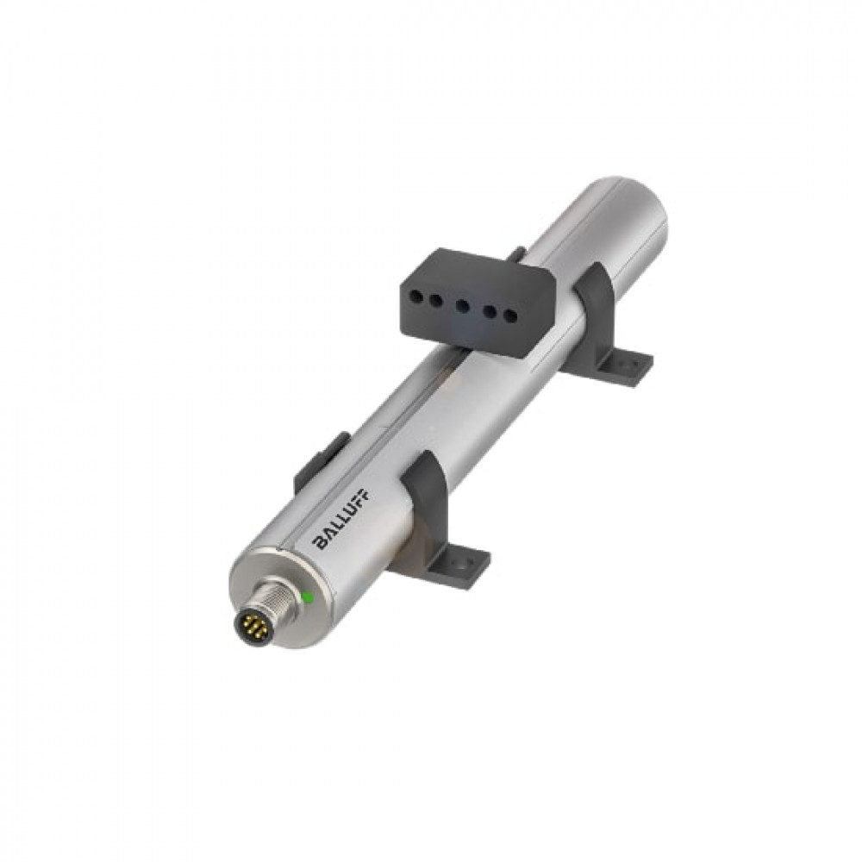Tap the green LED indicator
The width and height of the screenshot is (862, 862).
(x=307, y=597)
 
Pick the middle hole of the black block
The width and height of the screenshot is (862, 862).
(x=463, y=305)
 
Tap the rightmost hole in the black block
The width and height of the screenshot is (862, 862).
(x=510, y=315)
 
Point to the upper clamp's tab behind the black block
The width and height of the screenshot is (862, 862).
(x=515, y=253)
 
